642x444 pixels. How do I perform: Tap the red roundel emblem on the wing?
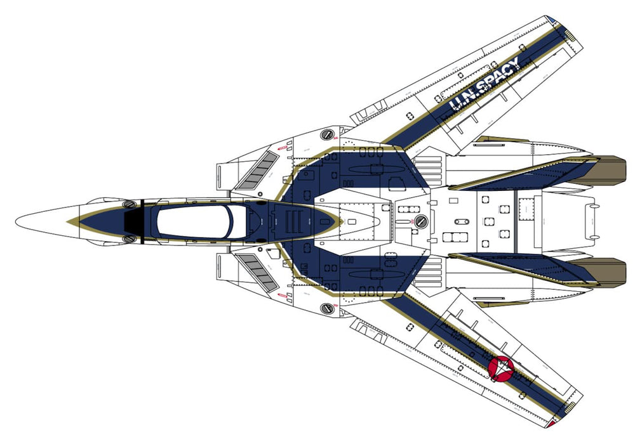pos(503,367)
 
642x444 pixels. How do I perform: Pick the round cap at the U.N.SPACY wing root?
pos(327,134)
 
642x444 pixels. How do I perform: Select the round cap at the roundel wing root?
pos(327,308)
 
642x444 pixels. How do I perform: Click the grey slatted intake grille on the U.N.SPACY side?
pos(257,169)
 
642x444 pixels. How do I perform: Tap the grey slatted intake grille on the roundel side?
pos(257,273)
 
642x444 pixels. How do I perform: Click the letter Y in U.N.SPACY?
pos(512,64)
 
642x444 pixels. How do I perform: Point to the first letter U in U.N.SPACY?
pos(456,106)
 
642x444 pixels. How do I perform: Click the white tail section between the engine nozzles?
pos(565,221)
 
